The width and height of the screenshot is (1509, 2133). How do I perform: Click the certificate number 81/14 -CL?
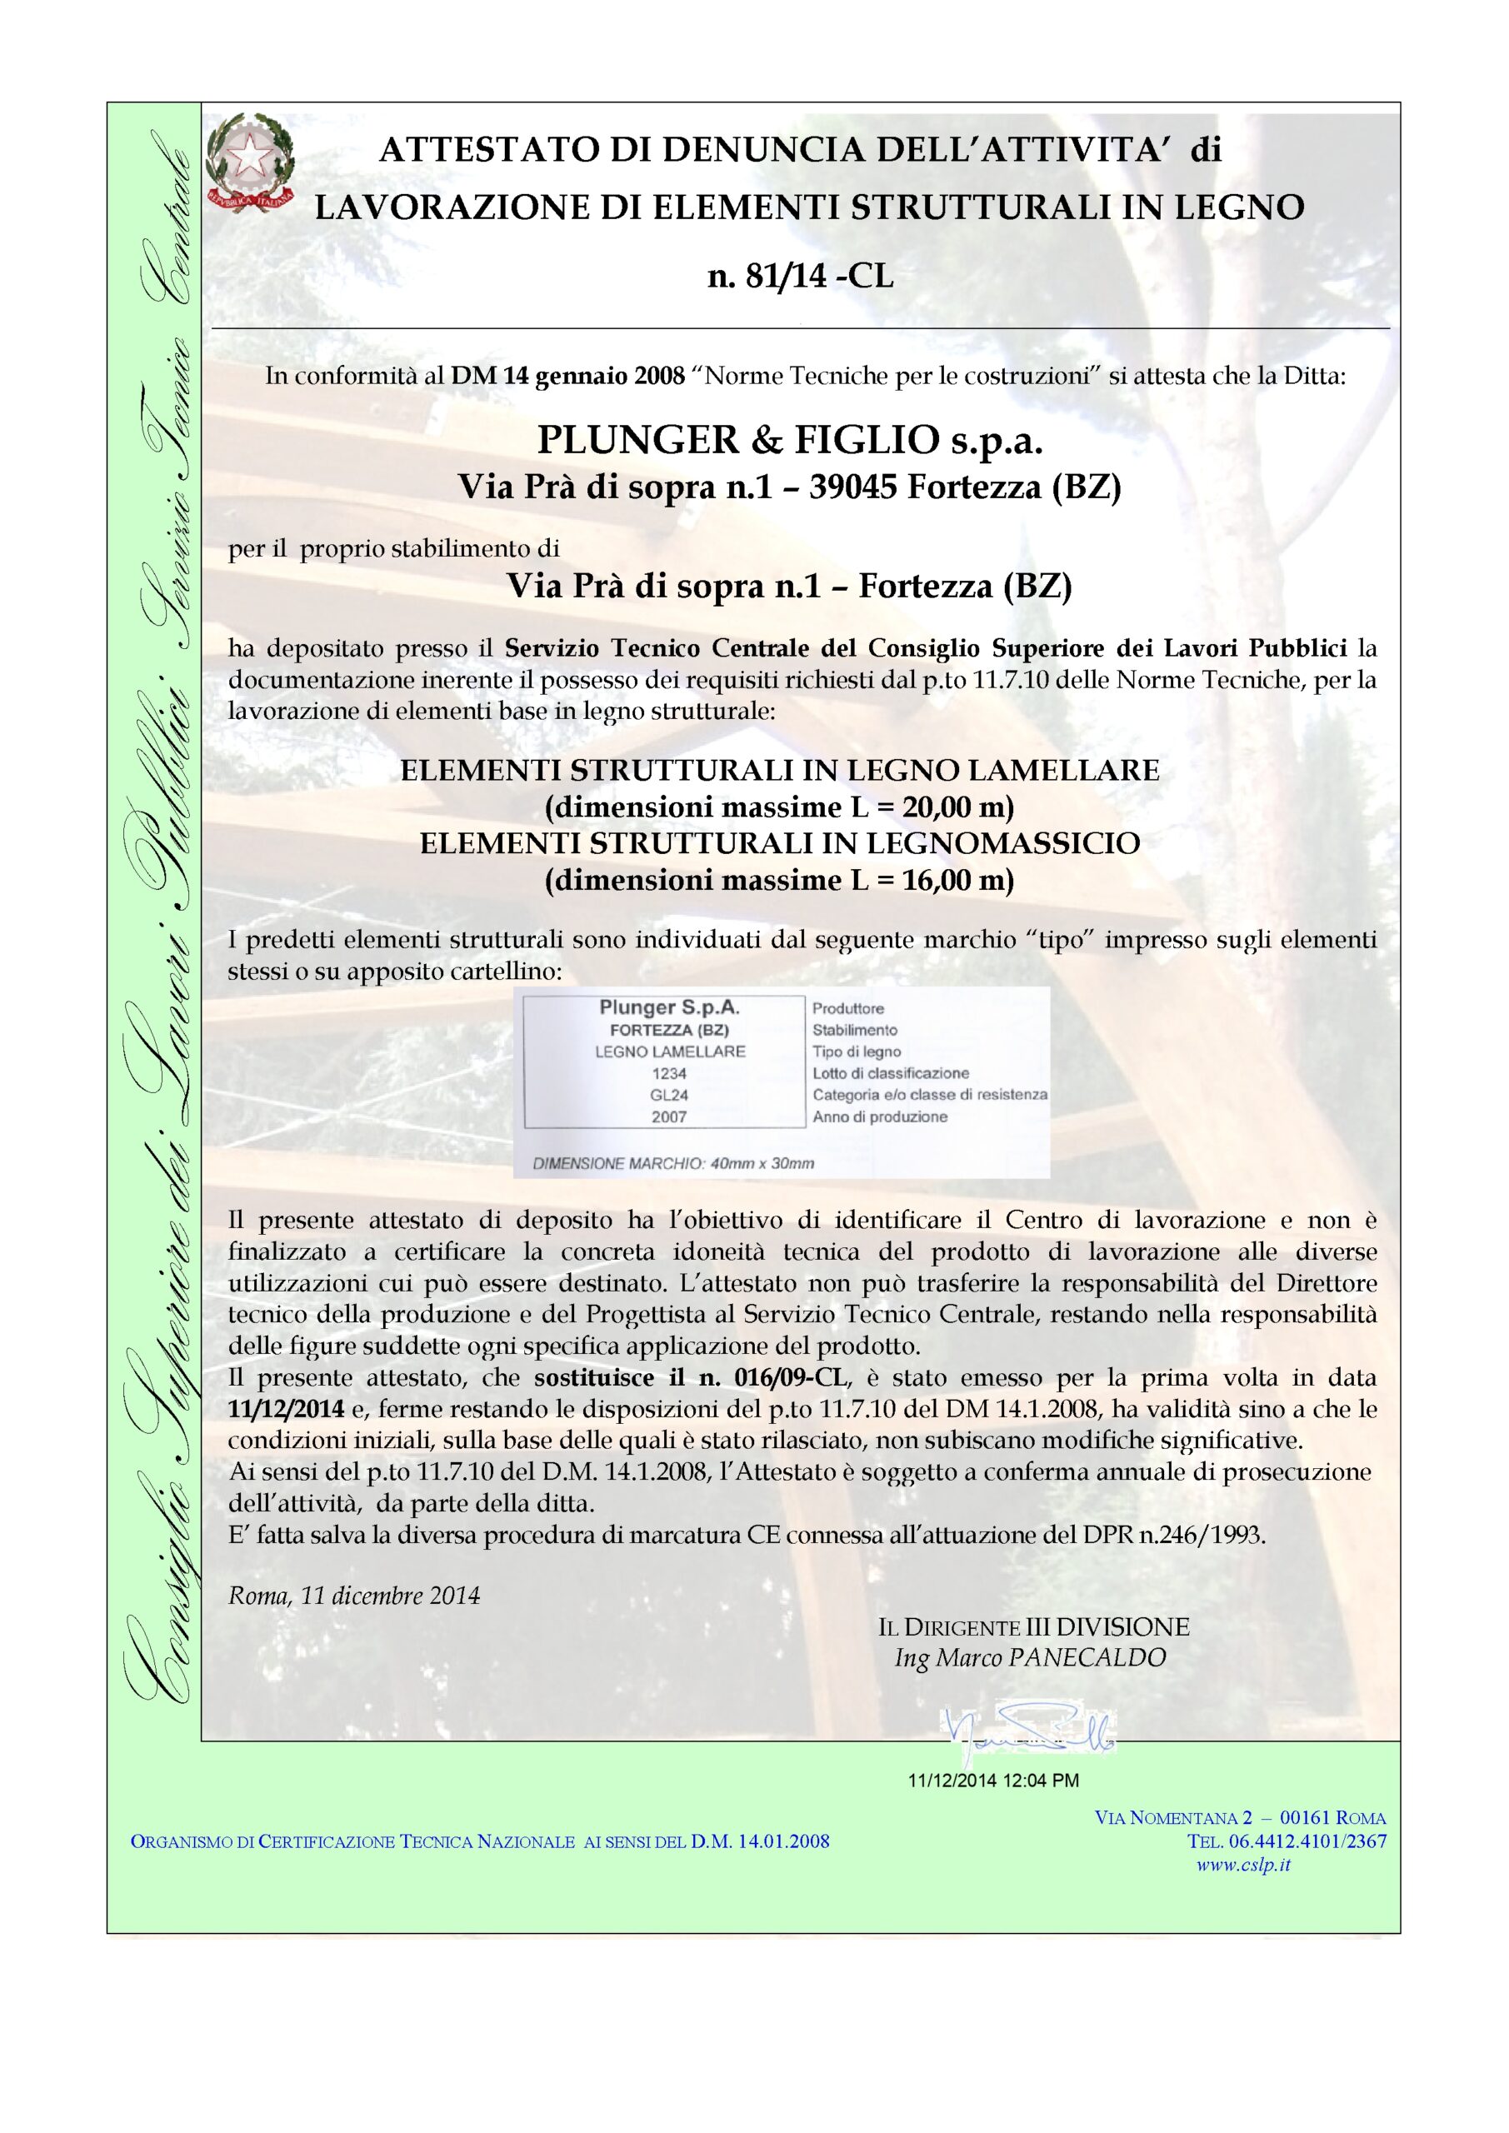(800, 277)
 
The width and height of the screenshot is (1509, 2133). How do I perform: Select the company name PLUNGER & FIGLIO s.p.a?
(790, 442)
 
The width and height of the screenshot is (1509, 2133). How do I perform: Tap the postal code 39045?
(853, 487)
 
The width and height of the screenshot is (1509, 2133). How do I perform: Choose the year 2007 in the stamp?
(669, 1116)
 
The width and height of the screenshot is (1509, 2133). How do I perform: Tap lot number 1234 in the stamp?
(669, 1073)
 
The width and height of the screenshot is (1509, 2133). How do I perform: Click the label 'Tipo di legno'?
(856, 1052)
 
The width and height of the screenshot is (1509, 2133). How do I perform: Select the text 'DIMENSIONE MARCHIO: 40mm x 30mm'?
(672, 1163)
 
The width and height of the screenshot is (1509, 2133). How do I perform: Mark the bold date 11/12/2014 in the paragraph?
(286, 1408)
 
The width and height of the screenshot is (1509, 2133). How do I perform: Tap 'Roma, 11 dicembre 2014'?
(354, 1596)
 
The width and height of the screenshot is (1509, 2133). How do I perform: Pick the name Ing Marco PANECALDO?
(1030, 1657)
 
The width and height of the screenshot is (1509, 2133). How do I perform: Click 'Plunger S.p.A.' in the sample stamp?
(669, 1008)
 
